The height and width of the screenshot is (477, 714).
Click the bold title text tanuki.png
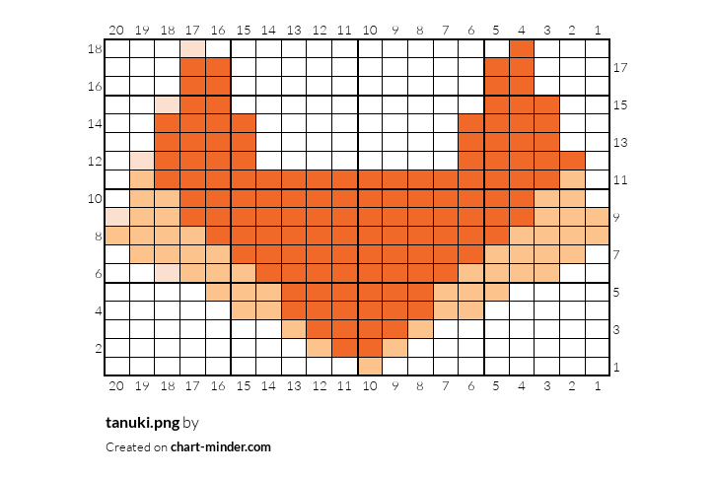point(143,423)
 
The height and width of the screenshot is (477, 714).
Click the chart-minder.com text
point(221,447)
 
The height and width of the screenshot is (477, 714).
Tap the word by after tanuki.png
point(190,424)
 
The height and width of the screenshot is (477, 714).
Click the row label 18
point(95,48)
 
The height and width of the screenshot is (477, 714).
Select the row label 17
point(620,67)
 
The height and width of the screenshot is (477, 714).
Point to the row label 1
point(616,367)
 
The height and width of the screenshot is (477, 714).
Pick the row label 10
point(95,198)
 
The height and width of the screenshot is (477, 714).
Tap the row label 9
point(616,217)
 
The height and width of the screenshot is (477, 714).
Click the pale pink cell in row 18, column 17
point(192,48)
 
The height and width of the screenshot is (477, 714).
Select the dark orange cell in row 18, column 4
point(522,48)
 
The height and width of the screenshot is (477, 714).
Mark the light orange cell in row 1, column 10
point(370,367)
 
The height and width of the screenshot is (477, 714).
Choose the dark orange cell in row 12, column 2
point(572,161)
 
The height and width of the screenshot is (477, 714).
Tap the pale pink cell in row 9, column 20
point(117,217)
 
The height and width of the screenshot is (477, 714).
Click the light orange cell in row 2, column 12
point(320,348)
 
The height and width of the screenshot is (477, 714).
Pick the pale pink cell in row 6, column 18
point(168,273)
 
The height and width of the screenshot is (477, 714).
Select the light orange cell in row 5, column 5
point(496,292)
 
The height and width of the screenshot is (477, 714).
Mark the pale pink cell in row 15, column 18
point(168,104)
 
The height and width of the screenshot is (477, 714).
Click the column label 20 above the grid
point(116,30)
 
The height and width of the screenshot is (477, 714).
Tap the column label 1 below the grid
point(598,386)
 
